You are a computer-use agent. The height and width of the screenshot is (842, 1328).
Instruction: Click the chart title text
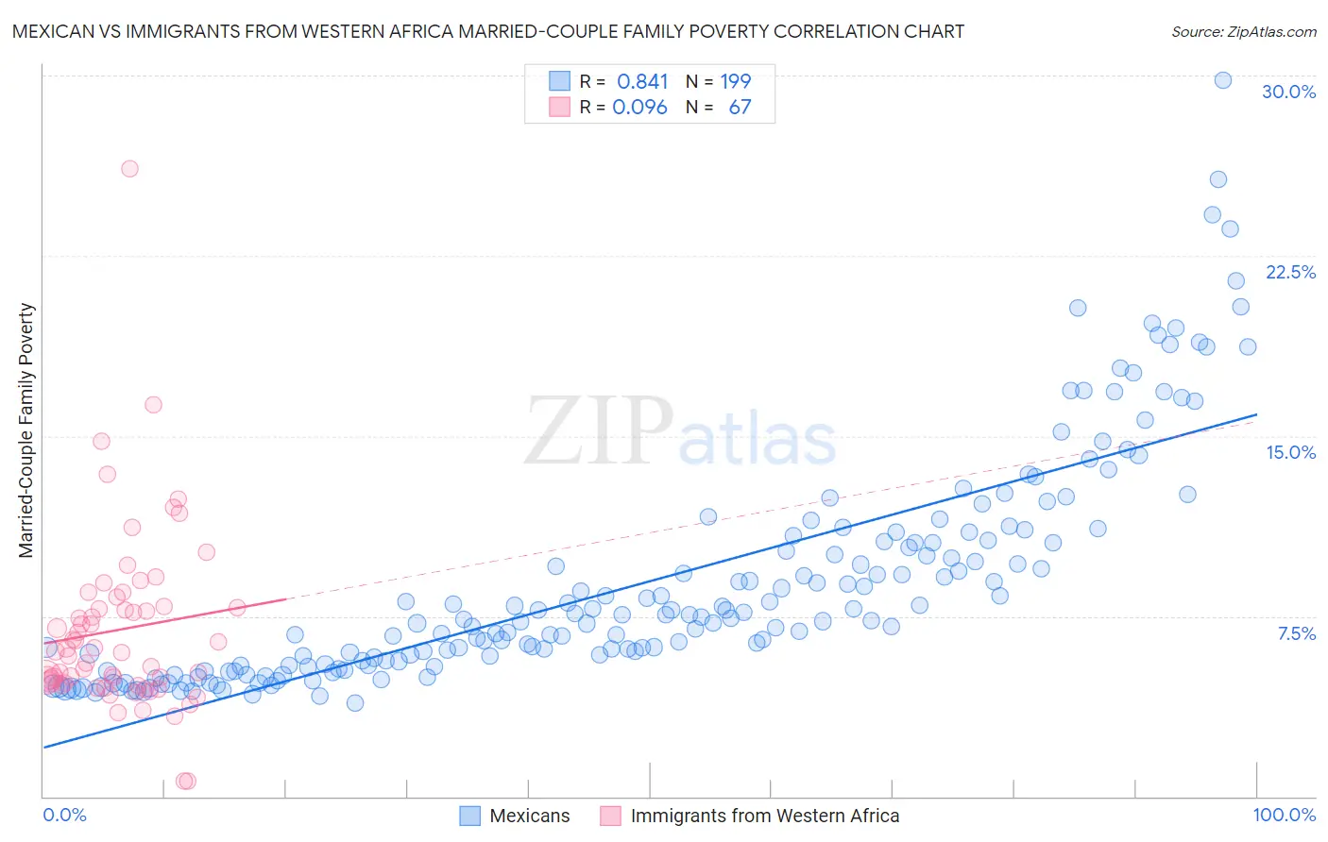[x=488, y=31]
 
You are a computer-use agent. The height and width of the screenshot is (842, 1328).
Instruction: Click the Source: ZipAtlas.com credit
[x=1243, y=31]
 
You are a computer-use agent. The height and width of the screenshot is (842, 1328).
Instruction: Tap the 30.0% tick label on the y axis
[x=1288, y=92]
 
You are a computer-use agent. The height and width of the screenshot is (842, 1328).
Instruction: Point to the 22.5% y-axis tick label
[x=1290, y=272]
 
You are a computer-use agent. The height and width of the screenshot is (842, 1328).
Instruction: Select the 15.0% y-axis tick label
[x=1290, y=452]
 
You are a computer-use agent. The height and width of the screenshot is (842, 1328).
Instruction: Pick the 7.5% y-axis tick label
[x=1296, y=633]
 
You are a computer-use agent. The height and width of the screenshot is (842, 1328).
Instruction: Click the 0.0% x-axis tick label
[x=64, y=815]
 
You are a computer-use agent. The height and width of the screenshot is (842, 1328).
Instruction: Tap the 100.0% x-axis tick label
[x=1284, y=815]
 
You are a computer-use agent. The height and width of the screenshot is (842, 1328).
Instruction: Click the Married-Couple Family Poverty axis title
[x=26, y=430]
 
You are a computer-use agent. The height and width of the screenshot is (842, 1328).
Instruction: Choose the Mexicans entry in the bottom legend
[x=529, y=816]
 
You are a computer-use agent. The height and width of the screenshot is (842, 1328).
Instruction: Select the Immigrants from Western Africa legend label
[x=764, y=816]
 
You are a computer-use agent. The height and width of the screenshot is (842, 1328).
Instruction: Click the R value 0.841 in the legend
[x=642, y=81]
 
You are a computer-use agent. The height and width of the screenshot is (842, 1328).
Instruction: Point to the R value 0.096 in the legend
[x=639, y=107]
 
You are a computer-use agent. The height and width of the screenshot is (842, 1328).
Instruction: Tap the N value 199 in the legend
[x=735, y=81]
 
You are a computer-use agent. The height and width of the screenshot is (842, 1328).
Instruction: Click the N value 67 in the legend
[x=740, y=107]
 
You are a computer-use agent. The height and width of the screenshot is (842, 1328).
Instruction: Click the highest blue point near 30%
[x=1222, y=80]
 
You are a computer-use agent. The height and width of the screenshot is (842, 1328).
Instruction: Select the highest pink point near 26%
[x=129, y=169]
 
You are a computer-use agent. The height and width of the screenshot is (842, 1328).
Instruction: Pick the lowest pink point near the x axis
[x=185, y=781]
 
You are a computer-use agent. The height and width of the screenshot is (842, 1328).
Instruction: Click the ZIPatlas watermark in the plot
[x=680, y=433]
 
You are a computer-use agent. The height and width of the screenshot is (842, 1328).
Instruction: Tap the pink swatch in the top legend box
[x=559, y=107]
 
